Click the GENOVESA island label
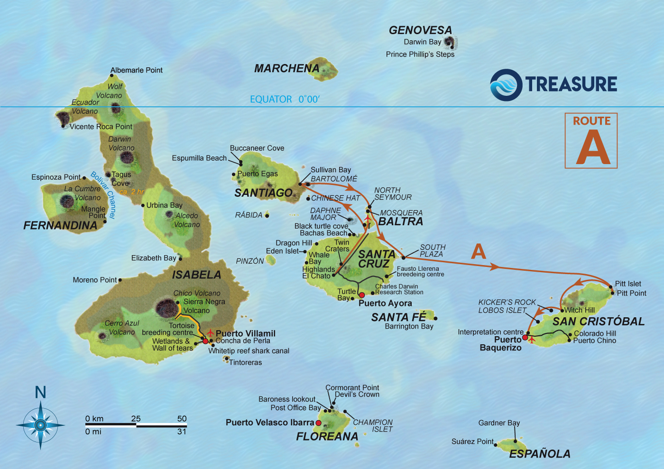tap(420, 30)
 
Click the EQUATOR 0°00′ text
tap(285, 99)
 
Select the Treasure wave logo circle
tap(506, 85)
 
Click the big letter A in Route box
tap(592, 147)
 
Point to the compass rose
tap(40, 425)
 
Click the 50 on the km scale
tap(182, 418)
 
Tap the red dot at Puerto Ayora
tap(362, 295)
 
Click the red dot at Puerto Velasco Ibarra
tap(318, 423)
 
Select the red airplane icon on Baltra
tap(368, 220)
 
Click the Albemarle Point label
tap(136, 70)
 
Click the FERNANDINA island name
tap(60, 226)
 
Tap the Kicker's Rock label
tap(507, 302)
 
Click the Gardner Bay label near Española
tap(499, 423)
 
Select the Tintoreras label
tap(245, 362)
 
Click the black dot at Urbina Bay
tap(143, 205)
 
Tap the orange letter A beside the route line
tap(479, 251)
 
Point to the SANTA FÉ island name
tap(398, 317)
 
